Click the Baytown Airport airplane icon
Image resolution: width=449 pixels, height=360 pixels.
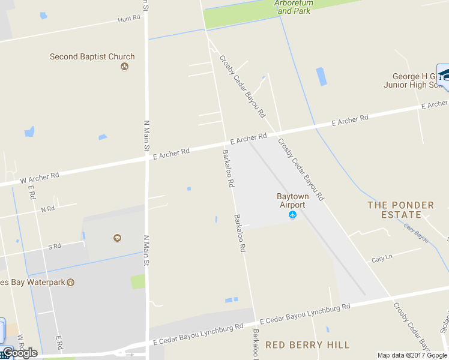293,215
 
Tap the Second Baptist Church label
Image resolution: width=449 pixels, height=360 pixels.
92,57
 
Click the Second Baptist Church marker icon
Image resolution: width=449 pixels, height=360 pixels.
124,66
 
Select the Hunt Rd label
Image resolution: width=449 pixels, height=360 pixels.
129,19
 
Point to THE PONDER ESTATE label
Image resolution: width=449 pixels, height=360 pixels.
400,210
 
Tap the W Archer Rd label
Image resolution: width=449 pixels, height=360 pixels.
40,177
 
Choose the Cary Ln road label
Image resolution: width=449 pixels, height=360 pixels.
382,259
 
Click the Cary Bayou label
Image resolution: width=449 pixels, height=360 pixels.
417,233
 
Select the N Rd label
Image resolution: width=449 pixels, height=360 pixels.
47,209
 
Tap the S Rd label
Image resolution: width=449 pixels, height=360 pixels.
55,246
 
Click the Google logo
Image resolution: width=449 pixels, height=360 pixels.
20,353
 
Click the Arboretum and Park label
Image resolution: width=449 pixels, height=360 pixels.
295,7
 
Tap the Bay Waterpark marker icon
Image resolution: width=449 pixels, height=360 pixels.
70,282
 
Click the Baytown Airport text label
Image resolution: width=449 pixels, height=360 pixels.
291,200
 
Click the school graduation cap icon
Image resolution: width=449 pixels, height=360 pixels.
444,74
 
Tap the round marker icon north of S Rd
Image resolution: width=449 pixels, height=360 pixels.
117,238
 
